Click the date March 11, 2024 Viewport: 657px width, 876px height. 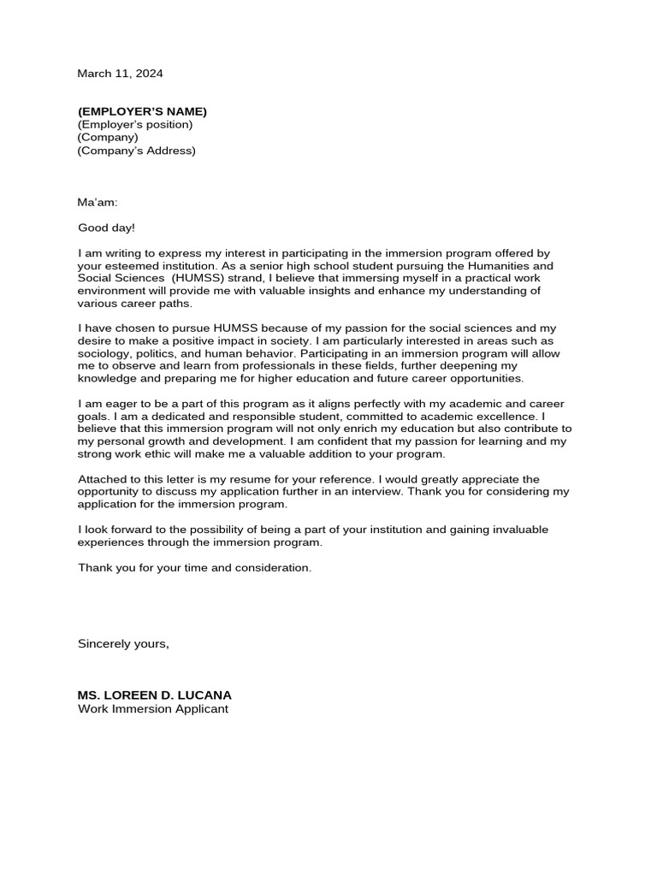(x=120, y=74)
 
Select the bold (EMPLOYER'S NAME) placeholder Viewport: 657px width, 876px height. (x=142, y=112)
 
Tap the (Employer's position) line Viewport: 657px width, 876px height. (x=135, y=125)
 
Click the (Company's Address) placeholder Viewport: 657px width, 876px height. (x=137, y=151)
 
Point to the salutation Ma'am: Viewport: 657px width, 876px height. (x=98, y=203)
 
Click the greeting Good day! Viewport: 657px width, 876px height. (x=106, y=228)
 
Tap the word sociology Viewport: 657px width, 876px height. (x=104, y=353)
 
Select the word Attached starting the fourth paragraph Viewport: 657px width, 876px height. (x=102, y=479)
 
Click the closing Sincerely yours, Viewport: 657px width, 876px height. (x=123, y=643)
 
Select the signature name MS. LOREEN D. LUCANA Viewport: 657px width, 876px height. (x=154, y=695)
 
